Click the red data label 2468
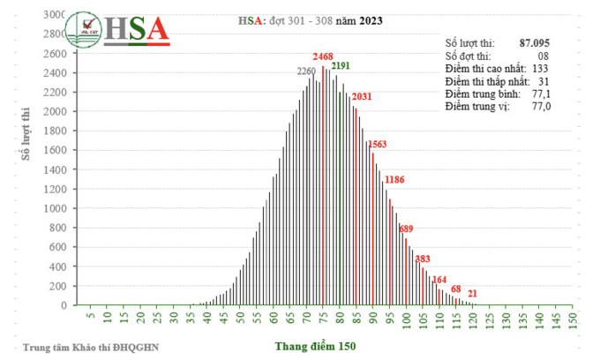pos(323,56)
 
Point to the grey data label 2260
pos(306,71)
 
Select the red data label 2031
pos(362,97)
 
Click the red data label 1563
pos(377,144)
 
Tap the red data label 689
pos(406,229)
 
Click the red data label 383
pos(423,259)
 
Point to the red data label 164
pos(439,280)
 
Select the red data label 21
pos(473,293)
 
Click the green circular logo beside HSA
pos(87,29)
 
